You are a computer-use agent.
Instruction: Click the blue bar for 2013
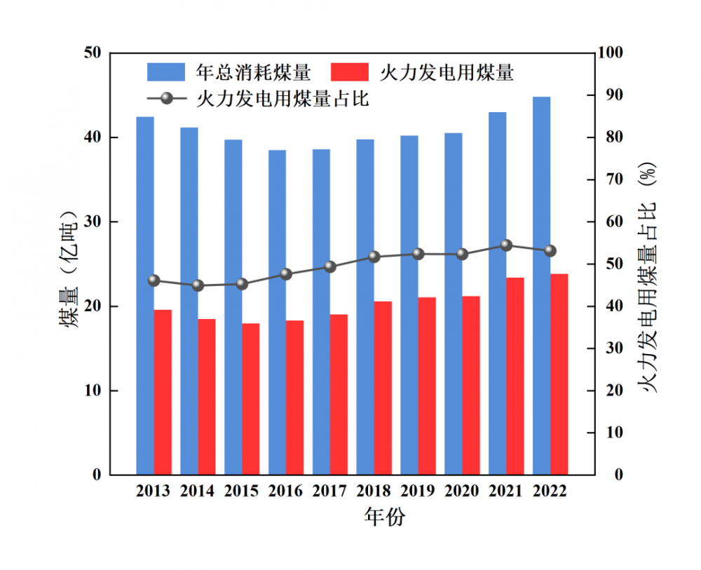coord(145,295)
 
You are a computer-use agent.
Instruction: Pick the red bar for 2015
coord(251,399)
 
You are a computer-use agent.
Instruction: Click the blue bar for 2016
coord(277,312)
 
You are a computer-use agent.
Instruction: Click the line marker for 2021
coord(506,245)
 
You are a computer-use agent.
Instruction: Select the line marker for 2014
coord(198,285)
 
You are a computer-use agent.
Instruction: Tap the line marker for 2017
coord(330,266)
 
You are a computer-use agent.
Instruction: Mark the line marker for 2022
coord(550,250)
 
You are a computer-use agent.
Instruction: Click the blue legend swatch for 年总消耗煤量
coord(166,72)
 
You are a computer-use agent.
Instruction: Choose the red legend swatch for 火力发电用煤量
coord(348,72)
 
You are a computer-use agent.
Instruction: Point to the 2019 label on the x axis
coord(418,491)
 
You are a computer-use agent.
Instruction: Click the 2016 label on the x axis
coord(286,491)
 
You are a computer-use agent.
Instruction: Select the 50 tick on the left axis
coord(91,53)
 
